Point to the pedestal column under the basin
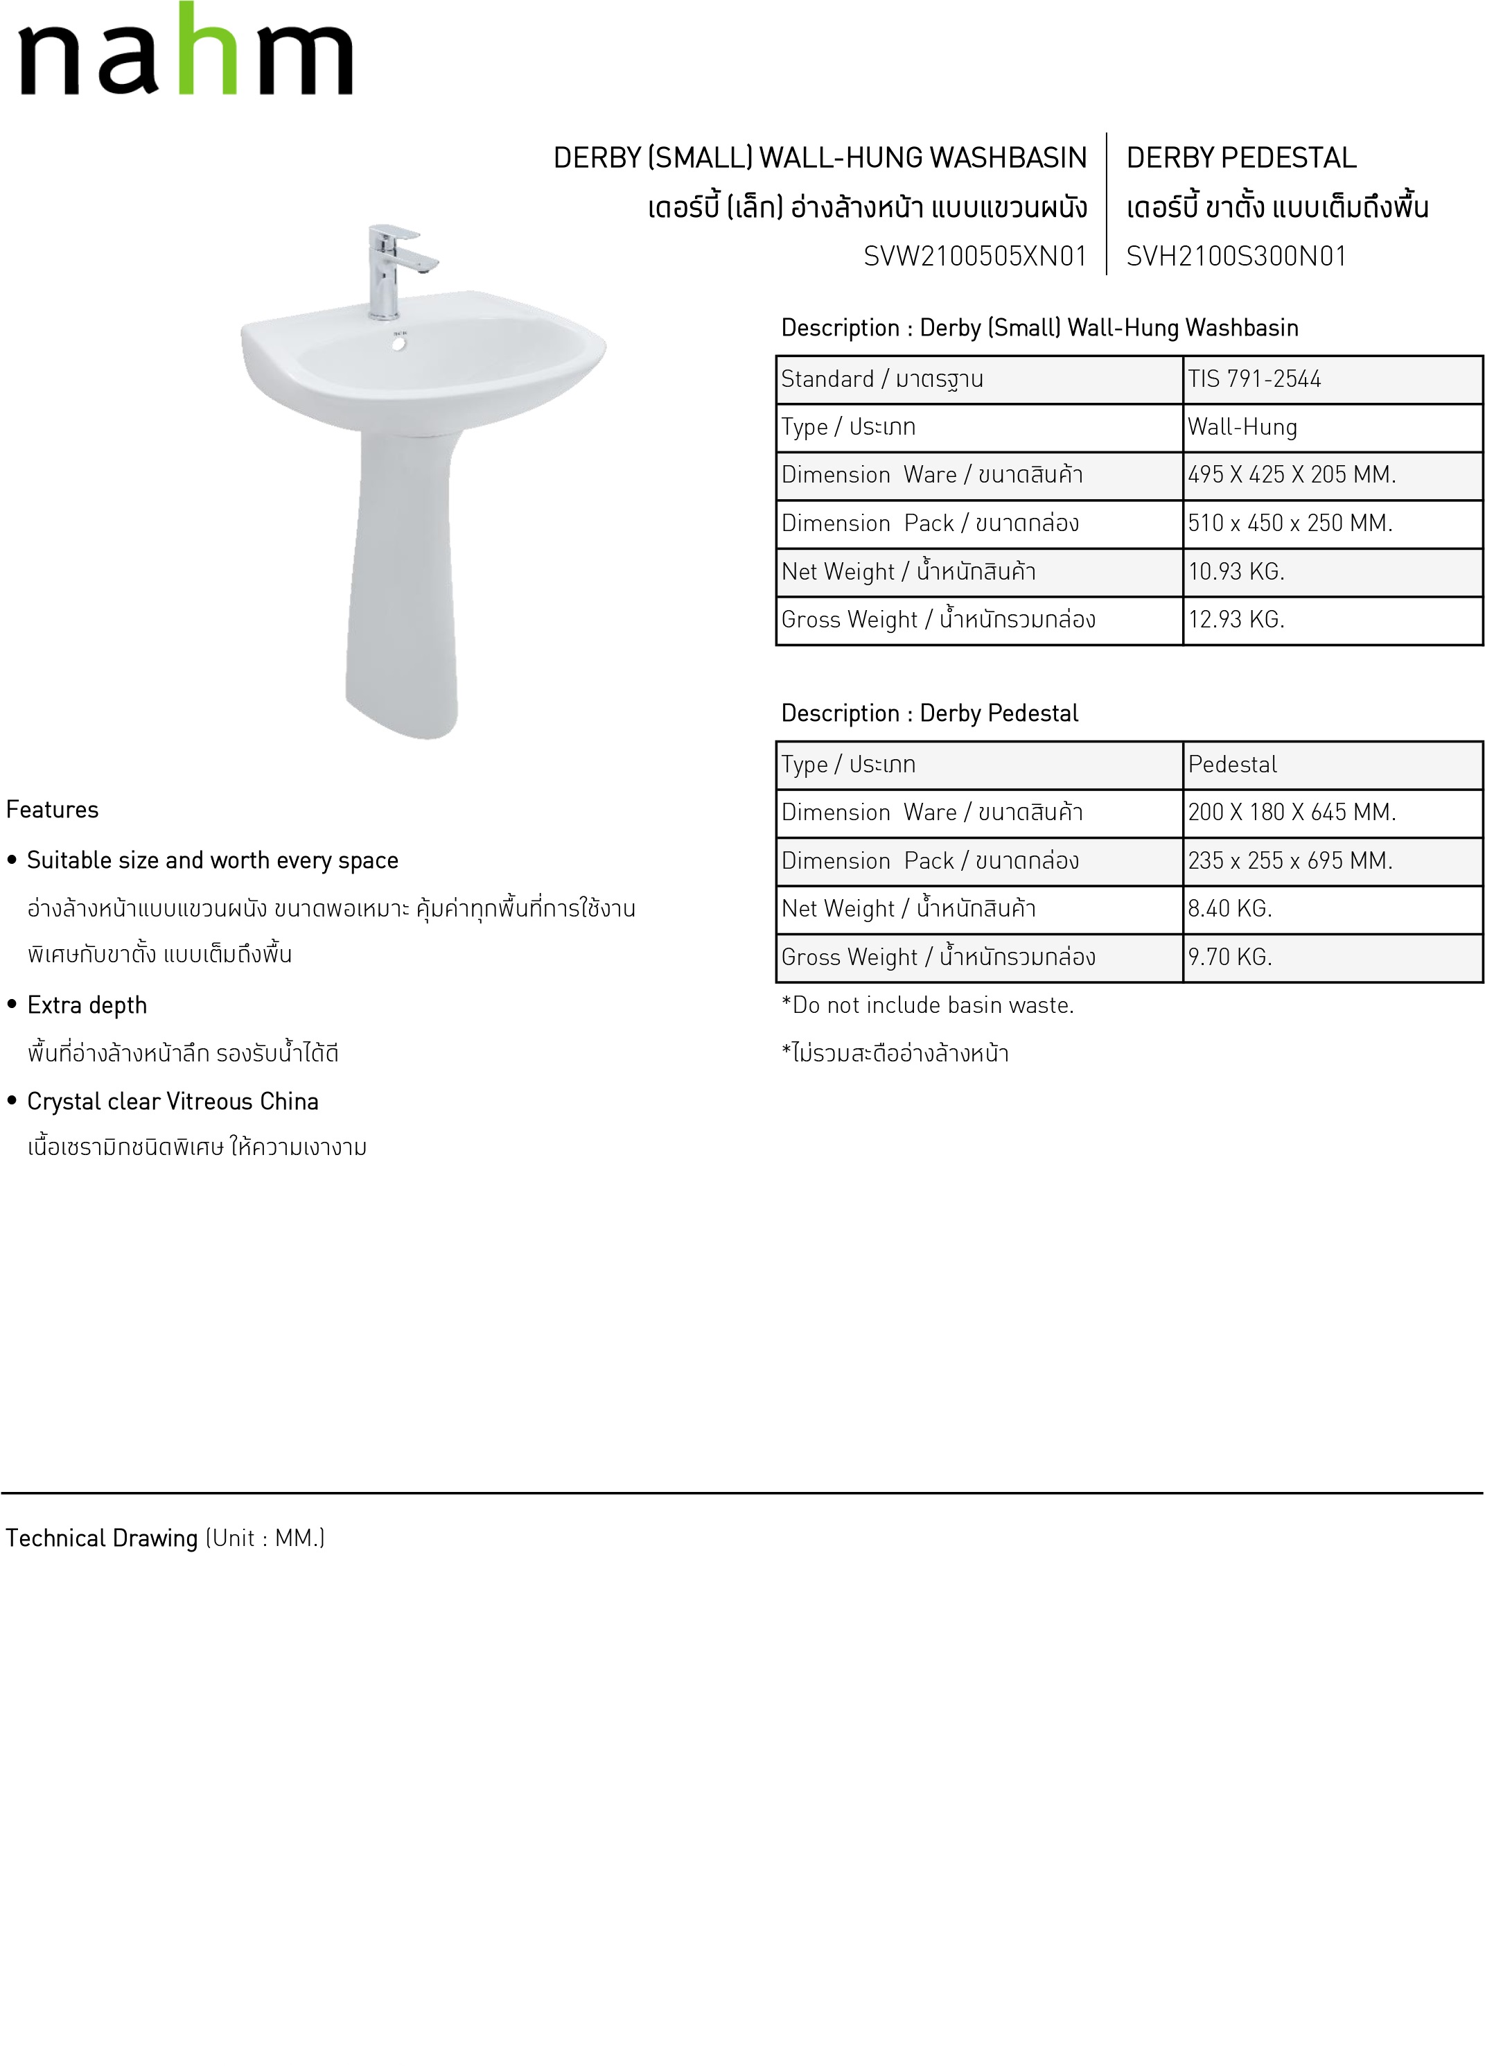coord(401,583)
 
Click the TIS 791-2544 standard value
coord(1254,379)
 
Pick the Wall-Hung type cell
coord(1242,427)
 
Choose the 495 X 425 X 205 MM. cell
coord(1291,475)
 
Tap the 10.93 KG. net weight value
coord(1236,571)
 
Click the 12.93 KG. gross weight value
coord(1236,619)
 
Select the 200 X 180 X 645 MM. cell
coord(1291,812)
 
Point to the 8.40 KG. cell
coord(1229,908)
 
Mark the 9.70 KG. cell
coord(1229,957)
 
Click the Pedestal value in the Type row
coord(1232,764)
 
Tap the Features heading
coord(52,810)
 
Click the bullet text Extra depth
coord(87,1005)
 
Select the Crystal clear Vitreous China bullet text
coord(172,1102)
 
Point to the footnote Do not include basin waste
coord(928,1005)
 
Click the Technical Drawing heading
coord(102,1538)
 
